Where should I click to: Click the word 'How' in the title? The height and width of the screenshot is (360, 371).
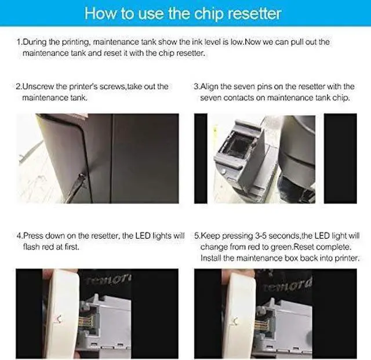[100, 13]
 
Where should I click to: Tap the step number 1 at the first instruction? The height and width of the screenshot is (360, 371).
[18, 42]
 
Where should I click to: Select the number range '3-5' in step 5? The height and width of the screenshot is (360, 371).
[260, 236]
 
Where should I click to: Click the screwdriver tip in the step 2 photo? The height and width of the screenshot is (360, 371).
[82, 176]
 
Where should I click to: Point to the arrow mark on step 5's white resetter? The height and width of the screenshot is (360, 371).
[235, 321]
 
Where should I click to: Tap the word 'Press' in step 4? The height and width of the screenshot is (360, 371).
[34, 236]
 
